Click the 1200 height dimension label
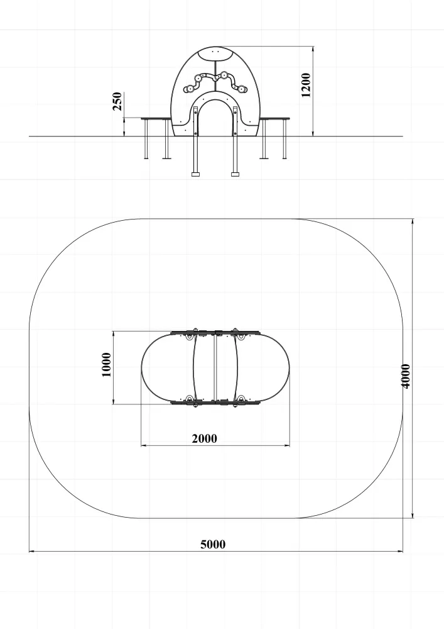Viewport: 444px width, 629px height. (x=306, y=85)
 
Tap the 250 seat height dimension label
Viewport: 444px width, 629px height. (x=117, y=101)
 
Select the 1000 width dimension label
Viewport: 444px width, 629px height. (x=107, y=365)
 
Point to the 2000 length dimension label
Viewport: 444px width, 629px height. (x=205, y=438)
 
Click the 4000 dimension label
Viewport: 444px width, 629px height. (x=406, y=376)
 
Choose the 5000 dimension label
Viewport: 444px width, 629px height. (x=213, y=544)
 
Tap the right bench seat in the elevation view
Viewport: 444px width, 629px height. (x=274, y=118)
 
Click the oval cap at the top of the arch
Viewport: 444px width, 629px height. (x=216, y=53)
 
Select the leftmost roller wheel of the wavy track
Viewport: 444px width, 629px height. (x=188, y=89)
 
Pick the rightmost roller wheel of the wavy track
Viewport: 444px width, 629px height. (x=243, y=89)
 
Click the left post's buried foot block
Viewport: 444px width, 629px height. (x=195, y=174)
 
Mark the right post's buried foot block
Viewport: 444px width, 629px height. (x=235, y=174)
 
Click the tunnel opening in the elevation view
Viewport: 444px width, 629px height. (x=215, y=118)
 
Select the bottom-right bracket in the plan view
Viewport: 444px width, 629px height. (x=241, y=401)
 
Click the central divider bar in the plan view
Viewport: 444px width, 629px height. (x=215, y=367)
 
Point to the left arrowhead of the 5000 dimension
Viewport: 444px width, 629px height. (x=31, y=551)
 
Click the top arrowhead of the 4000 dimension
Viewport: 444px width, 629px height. (x=413, y=221)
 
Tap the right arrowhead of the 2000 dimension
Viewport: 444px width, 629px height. (x=286, y=445)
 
